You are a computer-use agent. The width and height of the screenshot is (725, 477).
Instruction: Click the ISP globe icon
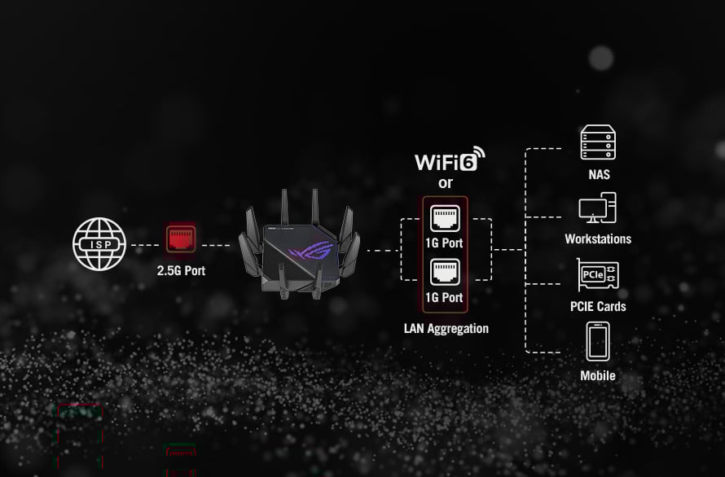[x=99, y=243]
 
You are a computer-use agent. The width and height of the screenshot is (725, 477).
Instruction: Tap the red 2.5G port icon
[x=181, y=238]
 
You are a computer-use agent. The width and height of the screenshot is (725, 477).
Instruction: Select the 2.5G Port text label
[x=181, y=270]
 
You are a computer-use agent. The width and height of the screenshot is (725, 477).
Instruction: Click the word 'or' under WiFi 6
[x=445, y=183]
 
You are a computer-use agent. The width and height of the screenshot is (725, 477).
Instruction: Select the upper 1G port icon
[x=445, y=217]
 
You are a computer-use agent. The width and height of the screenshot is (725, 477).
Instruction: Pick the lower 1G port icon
[x=445, y=271]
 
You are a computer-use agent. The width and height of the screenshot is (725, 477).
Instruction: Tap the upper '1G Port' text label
[x=445, y=243]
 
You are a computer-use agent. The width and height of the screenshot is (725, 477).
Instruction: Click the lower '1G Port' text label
[x=445, y=297]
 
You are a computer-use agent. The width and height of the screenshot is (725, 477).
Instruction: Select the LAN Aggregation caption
[x=446, y=329]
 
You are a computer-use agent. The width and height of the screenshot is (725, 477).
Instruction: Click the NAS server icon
[x=598, y=143]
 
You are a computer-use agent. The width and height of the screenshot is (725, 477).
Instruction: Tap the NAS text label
[x=599, y=174]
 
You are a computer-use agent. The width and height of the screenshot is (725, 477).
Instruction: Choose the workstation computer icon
[x=597, y=208]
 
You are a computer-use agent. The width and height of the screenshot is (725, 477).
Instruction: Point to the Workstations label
[x=598, y=239]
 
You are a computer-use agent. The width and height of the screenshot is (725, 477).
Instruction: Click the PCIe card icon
[x=597, y=276]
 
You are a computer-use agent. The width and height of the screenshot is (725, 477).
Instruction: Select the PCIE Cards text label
[x=598, y=307]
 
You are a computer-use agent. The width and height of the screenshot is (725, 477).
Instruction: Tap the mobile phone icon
[x=598, y=342]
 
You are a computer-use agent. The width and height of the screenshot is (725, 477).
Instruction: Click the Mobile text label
[x=598, y=375]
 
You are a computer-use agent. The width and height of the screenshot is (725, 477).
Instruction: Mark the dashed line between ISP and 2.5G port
[x=145, y=244]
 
